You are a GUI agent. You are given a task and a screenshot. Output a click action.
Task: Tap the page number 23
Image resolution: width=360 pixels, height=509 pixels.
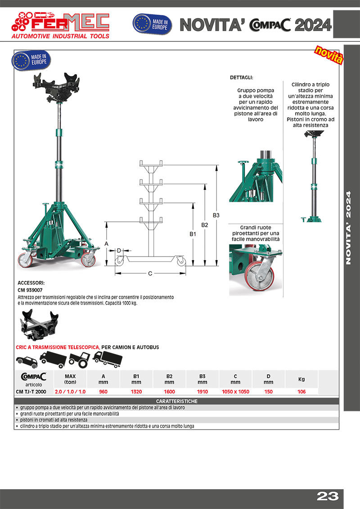click(x=327, y=496)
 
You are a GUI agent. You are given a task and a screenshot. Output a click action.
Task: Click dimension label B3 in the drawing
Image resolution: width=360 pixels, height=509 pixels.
click(x=216, y=215)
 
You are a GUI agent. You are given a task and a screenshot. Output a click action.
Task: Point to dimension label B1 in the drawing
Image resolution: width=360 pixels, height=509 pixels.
click(x=193, y=234)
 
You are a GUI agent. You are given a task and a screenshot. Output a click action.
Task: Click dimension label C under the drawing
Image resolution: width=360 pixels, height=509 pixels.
click(x=150, y=273)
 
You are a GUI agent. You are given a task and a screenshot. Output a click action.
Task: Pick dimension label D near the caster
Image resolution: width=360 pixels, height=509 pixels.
click(x=119, y=250)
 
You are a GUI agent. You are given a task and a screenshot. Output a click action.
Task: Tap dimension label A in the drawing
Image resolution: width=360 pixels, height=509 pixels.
click(x=107, y=243)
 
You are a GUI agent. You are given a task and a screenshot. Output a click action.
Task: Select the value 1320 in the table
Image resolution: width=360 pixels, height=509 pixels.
click(x=136, y=392)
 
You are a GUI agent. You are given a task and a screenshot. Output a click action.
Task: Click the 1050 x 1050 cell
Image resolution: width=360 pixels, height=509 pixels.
click(x=235, y=392)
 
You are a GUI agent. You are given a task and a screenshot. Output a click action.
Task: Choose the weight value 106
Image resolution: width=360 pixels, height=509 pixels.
click(x=301, y=392)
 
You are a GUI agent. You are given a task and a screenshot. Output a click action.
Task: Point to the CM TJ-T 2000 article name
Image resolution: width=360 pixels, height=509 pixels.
click(x=31, y=392)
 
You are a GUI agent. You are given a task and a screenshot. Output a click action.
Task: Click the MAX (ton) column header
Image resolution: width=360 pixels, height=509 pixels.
click(x=70, y=379)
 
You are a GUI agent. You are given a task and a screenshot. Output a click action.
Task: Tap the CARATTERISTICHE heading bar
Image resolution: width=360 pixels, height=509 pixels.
click(x=177, y=401)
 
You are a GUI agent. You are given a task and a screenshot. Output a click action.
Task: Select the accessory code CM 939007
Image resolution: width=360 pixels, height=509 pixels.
click(x=31, y=290)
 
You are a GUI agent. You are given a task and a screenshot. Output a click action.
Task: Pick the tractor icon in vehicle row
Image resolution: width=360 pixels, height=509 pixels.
click(x=79, y=360)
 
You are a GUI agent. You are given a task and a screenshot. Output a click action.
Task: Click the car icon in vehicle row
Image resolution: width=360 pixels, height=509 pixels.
click(x=26, y=361)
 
